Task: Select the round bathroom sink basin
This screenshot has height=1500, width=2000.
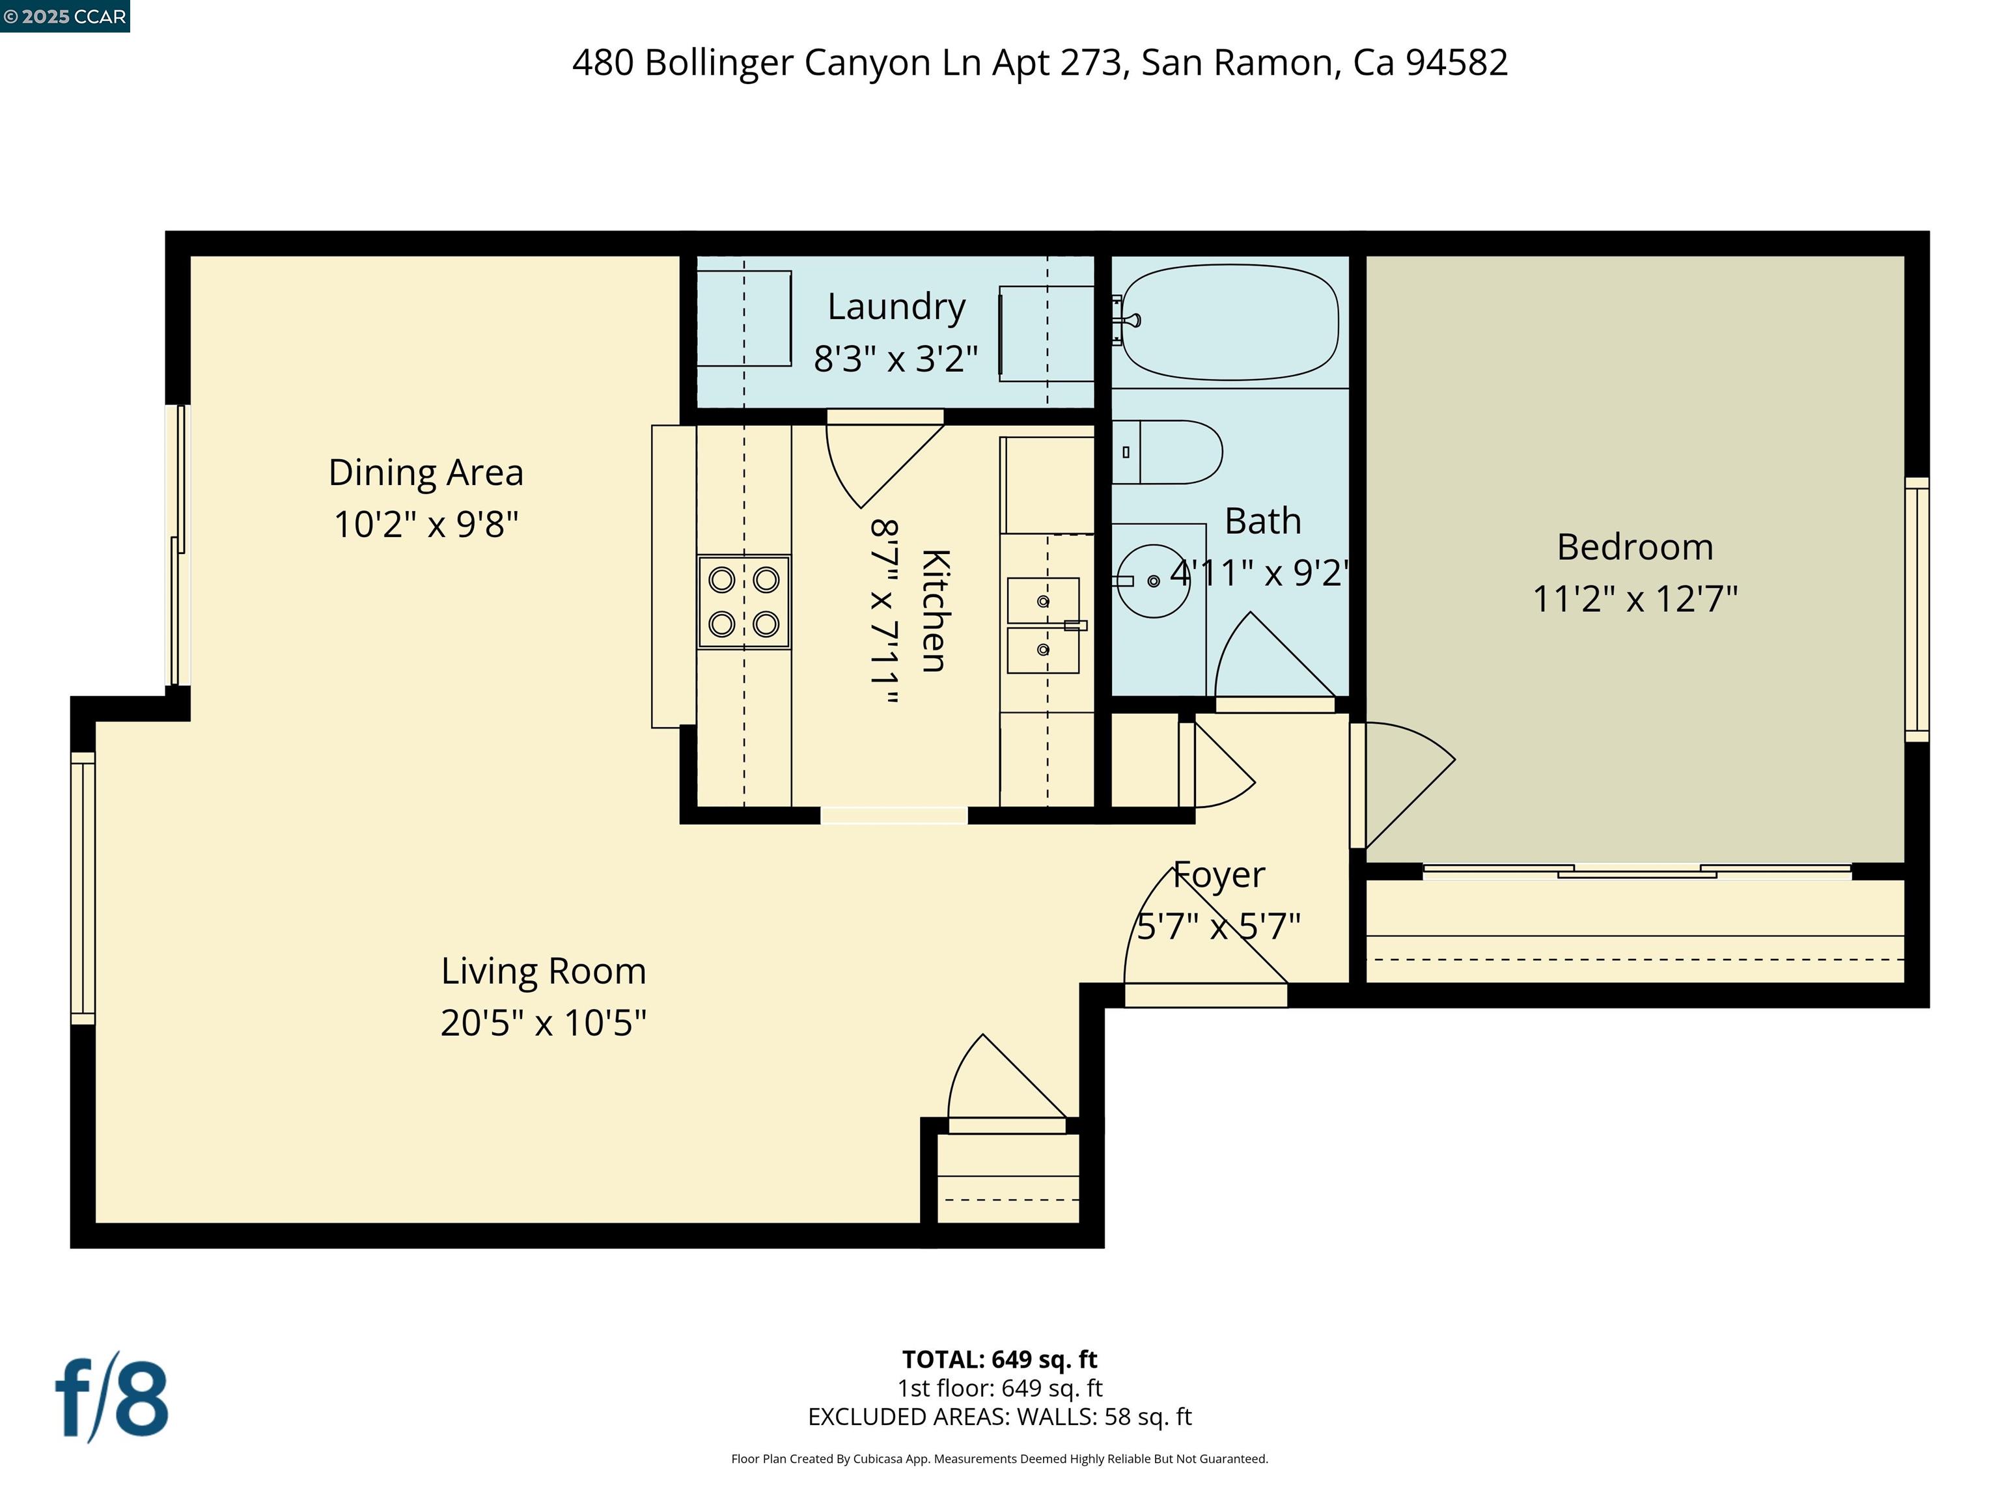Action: point(1154,581)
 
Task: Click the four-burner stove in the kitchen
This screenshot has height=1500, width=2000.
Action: point(743,602)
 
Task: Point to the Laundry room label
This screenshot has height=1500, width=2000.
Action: point(896,307)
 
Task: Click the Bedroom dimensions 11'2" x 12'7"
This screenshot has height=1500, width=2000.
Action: point(1635,598)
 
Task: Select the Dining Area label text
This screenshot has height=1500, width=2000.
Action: point(426,473)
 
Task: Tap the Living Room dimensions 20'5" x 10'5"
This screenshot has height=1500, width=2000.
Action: point(544,1023)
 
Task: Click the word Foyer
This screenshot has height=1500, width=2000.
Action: point(1219,875)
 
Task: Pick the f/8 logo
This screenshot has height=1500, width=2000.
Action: point(112,1398)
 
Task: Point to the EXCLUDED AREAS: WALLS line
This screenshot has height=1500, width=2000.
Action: point(999,1417)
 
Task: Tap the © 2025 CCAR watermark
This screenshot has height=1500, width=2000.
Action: point(64,16)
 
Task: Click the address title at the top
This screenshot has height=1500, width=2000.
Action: point(1040,62)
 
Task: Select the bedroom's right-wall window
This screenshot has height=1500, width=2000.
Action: point(1916,610)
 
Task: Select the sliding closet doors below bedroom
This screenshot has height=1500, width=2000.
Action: point(1637,872)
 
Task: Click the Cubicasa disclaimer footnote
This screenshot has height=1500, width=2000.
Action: point(999,1458)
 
